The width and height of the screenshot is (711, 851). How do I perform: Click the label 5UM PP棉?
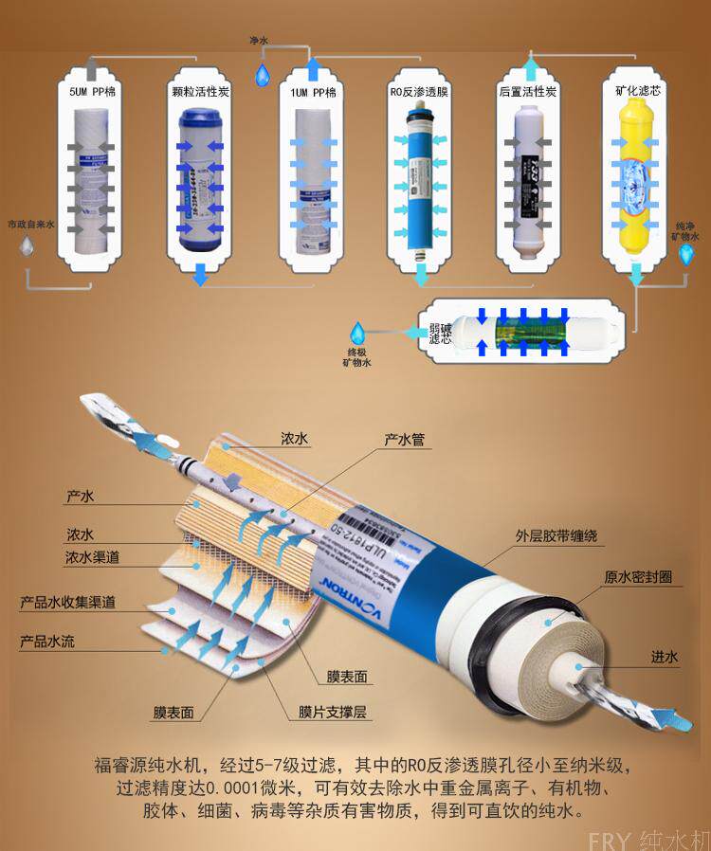point(92,94)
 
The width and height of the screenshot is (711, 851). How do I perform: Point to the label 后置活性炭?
point(527,94)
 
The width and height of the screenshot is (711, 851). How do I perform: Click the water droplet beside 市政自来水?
point(27,249)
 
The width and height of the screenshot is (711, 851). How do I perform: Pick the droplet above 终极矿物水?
point(359,334)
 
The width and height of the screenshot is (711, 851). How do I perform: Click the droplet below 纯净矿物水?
point(687,254)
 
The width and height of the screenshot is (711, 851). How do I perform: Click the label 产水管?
point(404,441)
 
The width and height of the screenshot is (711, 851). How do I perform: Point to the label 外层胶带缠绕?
point(556,537)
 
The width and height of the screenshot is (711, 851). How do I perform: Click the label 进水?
point(664,657)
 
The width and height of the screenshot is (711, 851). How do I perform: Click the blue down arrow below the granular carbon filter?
point(200,275)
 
